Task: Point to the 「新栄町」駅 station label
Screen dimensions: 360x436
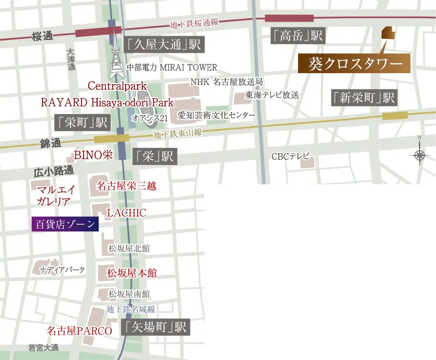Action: point(364,98)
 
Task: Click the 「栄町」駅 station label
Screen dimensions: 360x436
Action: point(83,122)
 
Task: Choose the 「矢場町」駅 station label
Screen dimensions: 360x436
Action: point(155,327)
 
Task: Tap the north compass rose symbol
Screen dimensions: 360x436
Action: point(419,155)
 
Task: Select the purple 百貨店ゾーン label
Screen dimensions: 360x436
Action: point(65,224)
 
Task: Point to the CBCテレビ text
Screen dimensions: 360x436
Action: point(291,156)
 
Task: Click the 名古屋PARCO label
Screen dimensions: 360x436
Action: point(79,330)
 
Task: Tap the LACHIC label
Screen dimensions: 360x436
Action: point(126,213)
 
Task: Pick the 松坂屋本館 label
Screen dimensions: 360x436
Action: point(132,273)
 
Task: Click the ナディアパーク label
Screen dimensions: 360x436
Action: point(62,270)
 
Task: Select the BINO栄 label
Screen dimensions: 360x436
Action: point(93,154)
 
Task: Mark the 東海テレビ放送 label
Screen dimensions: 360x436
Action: point(272,95)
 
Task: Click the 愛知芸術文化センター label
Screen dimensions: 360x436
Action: point(216,115)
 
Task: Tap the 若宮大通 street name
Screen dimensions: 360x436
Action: point(44,347)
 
